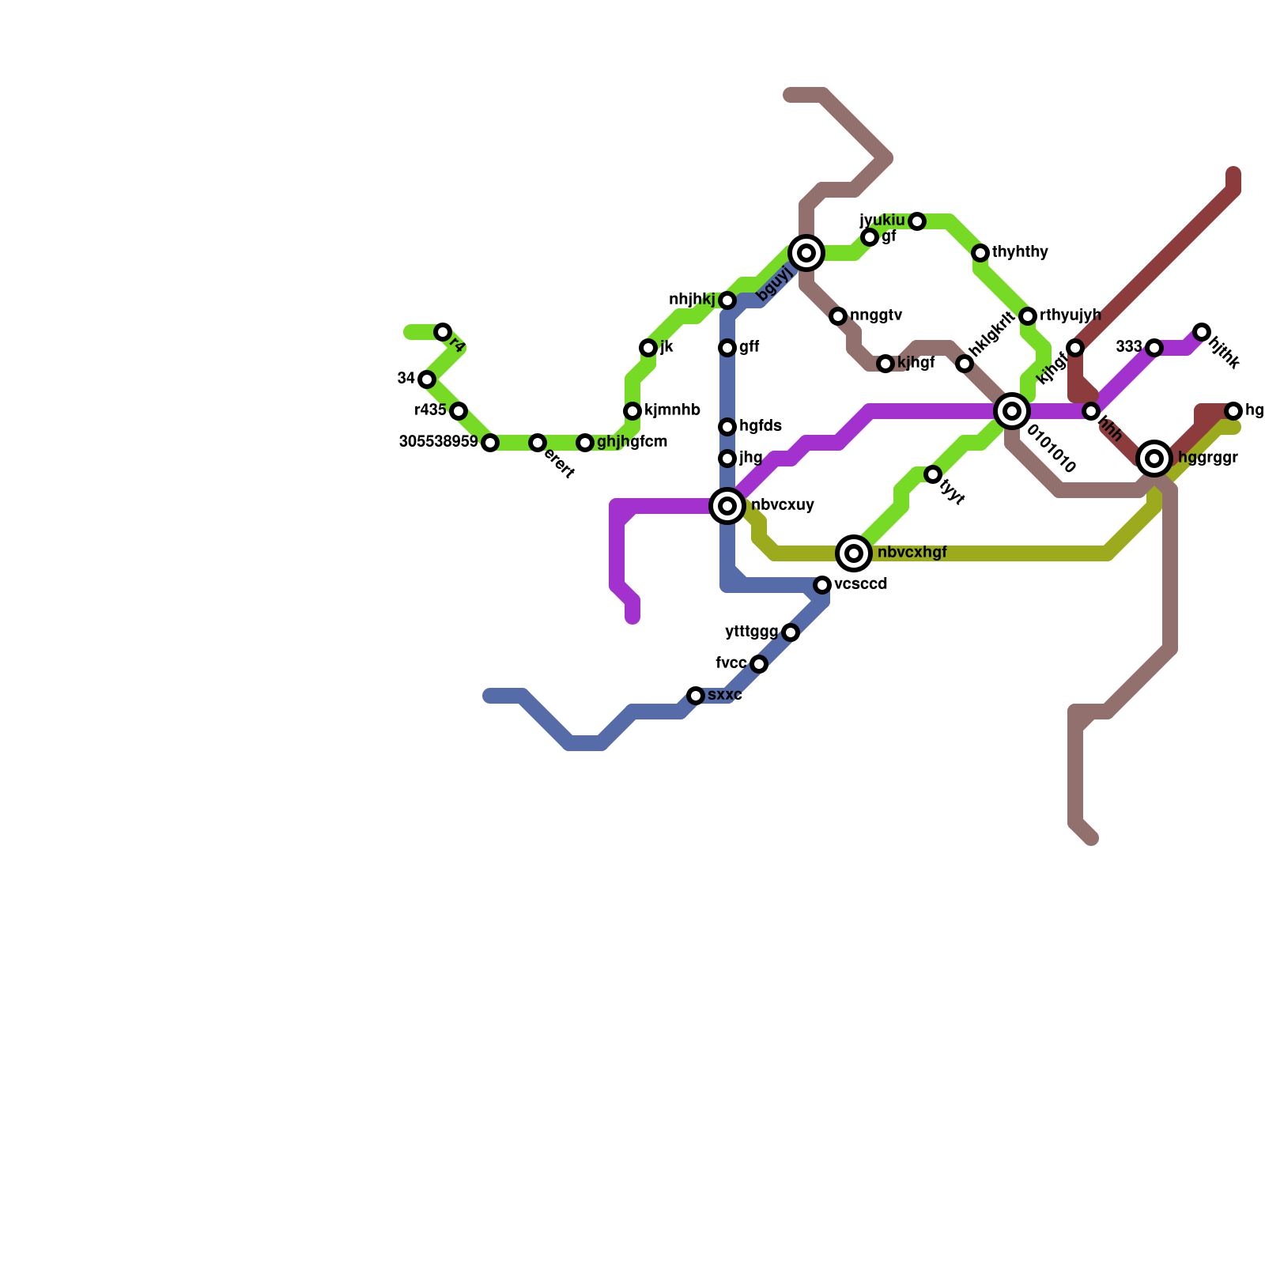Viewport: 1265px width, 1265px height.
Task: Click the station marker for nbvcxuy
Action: tap(727, 506)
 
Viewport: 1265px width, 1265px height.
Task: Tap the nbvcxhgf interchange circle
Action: tap(854, 553)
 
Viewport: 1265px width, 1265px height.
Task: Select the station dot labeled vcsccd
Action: tap(822, 585)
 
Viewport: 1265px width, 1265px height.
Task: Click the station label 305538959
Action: tap(438, 442)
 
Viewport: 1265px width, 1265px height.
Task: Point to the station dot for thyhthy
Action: tap(980, 253)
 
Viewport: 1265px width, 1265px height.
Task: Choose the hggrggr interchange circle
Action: tap(1154, 459)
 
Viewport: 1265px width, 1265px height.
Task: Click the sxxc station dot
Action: tap(696, 696)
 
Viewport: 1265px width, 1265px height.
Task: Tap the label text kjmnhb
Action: tap(672, 410)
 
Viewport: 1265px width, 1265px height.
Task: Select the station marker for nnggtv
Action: tap(838, 316)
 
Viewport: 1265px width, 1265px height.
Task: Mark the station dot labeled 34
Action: tap(427, 379)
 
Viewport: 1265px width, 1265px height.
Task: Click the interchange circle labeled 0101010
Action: tap(1012, 411)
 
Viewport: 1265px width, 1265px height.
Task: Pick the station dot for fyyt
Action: tap(933, 474)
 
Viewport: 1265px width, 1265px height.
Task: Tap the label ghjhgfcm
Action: tap(632, 442)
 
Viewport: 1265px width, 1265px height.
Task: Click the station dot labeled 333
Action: tap(1154, 348)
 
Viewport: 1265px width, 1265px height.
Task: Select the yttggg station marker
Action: tap(791, 632)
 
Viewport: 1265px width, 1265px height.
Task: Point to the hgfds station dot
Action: tap(727, 427)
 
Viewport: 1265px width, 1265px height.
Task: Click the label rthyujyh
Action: tap(1070, 315)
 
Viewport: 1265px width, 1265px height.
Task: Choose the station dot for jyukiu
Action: tap(917, 221)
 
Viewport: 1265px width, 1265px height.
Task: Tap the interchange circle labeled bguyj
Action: tap(806, 253)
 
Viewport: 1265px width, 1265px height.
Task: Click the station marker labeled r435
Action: tap(459, 411)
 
